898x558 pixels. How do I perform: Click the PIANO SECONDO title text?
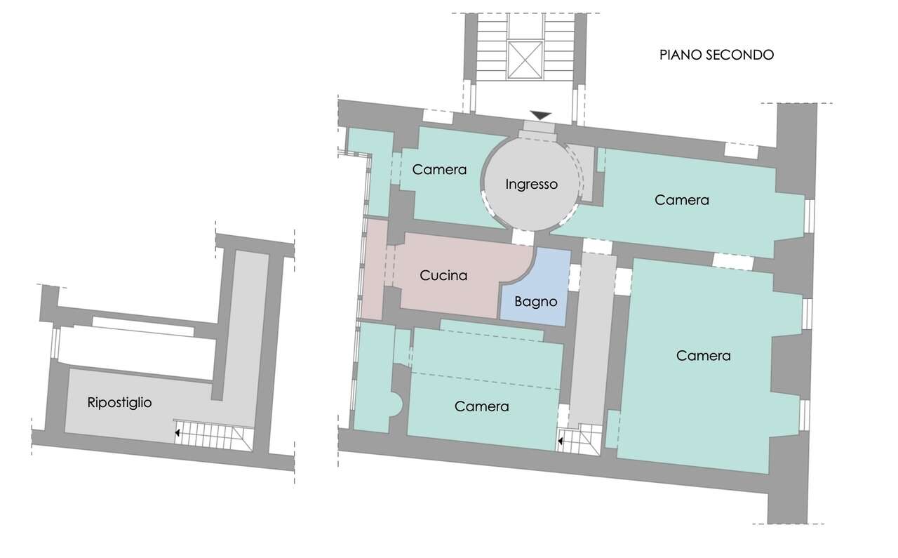(716, 55)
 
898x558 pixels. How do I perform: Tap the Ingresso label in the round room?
(531, 184)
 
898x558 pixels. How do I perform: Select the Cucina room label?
(443, 275)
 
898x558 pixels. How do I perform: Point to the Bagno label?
(535, 301)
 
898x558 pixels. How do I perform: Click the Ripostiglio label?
(119, 402)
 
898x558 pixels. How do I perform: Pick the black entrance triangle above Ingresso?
(540, 116)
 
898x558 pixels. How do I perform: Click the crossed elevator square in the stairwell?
(525, 60)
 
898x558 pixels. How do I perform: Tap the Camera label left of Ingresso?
(439, 170)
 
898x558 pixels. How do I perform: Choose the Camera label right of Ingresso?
(681, 200)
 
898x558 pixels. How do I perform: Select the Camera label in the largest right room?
(703, 355)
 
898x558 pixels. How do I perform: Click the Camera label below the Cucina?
(481, 406)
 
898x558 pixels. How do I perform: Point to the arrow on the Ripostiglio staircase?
(177, 433)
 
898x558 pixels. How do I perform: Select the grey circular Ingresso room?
(531, 184)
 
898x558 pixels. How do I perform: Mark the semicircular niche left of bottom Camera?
(397, 405)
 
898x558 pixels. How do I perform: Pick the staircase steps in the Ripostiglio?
(213, 436)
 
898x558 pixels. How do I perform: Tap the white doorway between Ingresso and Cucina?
(523, 237)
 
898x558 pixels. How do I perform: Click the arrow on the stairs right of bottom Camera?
(561, 441)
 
